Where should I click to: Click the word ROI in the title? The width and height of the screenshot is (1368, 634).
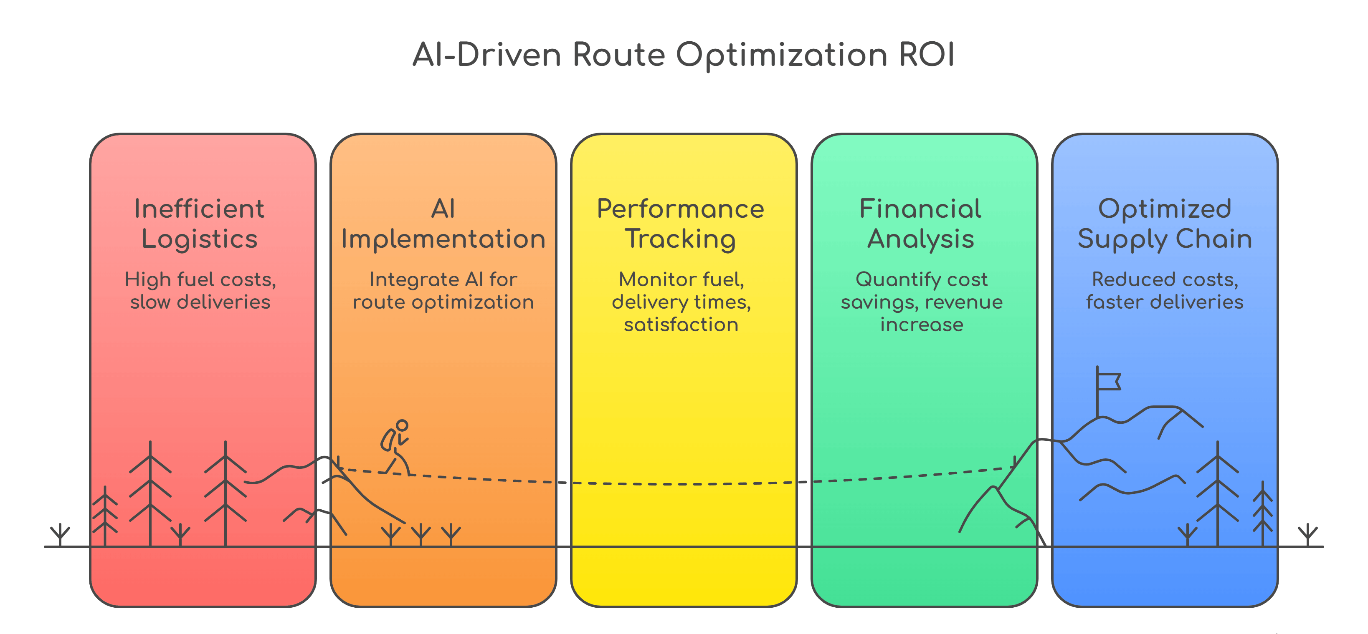926,55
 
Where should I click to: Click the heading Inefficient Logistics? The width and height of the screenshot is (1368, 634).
200,223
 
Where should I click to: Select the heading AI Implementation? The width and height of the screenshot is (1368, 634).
443,223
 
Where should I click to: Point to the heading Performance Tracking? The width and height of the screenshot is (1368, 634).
680,223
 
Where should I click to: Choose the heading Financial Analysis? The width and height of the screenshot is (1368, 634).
920,223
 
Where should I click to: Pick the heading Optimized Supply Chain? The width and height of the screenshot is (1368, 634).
1165,223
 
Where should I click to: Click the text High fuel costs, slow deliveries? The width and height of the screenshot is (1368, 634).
200,290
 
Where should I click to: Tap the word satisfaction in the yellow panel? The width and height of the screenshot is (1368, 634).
681,324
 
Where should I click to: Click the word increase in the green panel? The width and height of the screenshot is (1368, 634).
921,324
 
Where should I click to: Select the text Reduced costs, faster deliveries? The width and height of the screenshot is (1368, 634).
1165,290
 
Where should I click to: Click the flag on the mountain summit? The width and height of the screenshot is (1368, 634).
1108,381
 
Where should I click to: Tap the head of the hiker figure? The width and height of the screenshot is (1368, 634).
402,425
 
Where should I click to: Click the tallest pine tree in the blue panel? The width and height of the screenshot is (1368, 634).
1217,493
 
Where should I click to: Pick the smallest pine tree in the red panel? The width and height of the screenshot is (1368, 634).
105,515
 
